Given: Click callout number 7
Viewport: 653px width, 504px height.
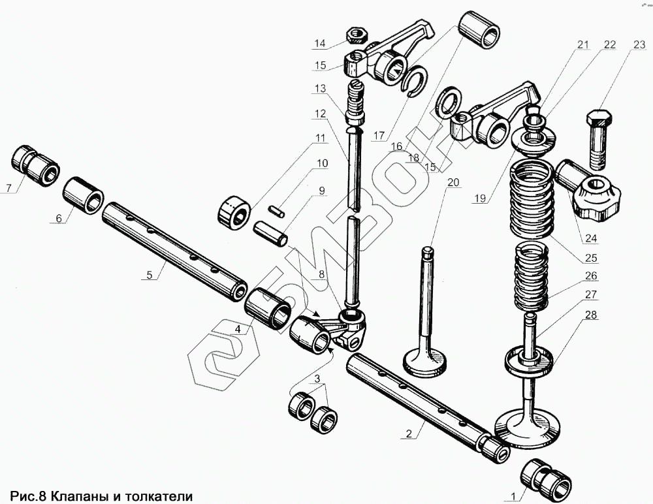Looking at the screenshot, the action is point(8,189).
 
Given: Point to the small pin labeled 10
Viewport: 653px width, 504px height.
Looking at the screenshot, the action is point(277,211).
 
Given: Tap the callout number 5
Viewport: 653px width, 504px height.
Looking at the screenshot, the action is point(150,276).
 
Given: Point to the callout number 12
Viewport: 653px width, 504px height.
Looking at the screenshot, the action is point(319,114).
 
